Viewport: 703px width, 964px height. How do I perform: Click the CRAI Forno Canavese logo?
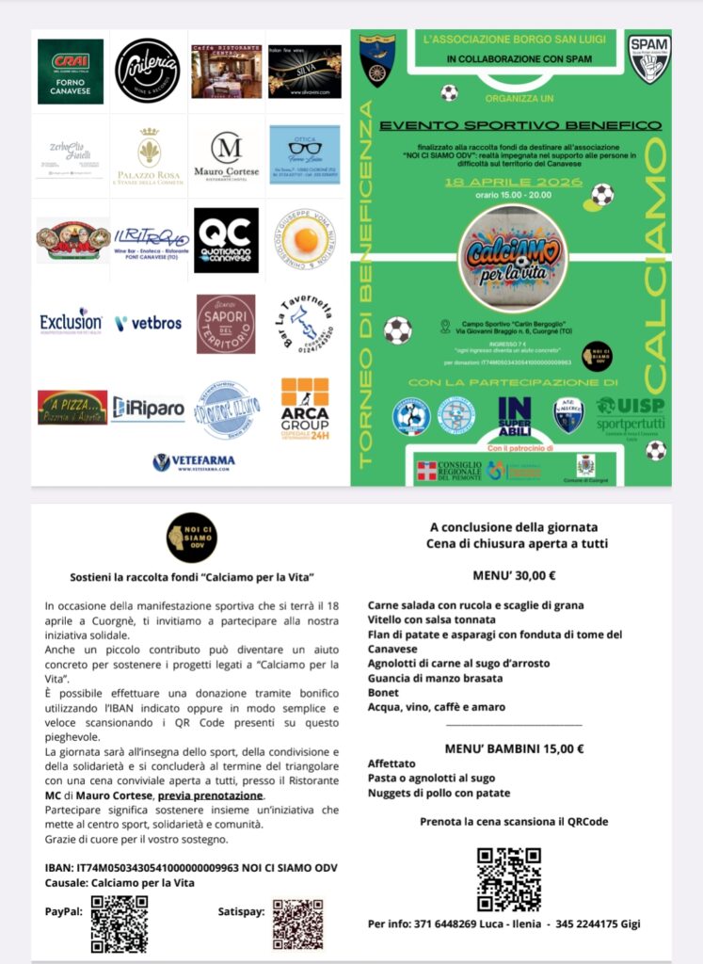[71, 71]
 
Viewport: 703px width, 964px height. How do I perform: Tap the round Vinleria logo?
[147, 71]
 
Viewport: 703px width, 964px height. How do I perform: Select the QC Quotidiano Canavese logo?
[226, 240]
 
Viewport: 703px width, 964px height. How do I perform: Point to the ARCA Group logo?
[305, 409]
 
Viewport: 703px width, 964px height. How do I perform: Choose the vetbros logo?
[148, 323]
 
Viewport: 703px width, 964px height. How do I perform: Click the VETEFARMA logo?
[194, 462]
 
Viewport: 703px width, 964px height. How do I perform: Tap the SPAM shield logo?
[649, 59]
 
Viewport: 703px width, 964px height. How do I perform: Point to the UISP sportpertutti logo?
[631, 413]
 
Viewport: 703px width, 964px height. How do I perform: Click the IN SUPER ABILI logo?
[515, 415]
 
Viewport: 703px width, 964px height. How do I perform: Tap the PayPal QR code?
[119, 923]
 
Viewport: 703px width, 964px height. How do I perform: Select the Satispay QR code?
[297, 924]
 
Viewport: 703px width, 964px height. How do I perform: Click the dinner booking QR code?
[508, 879]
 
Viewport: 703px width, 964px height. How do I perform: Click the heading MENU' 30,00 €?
[514, 576]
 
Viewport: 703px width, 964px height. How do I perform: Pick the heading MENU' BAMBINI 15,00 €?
[514, 749]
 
